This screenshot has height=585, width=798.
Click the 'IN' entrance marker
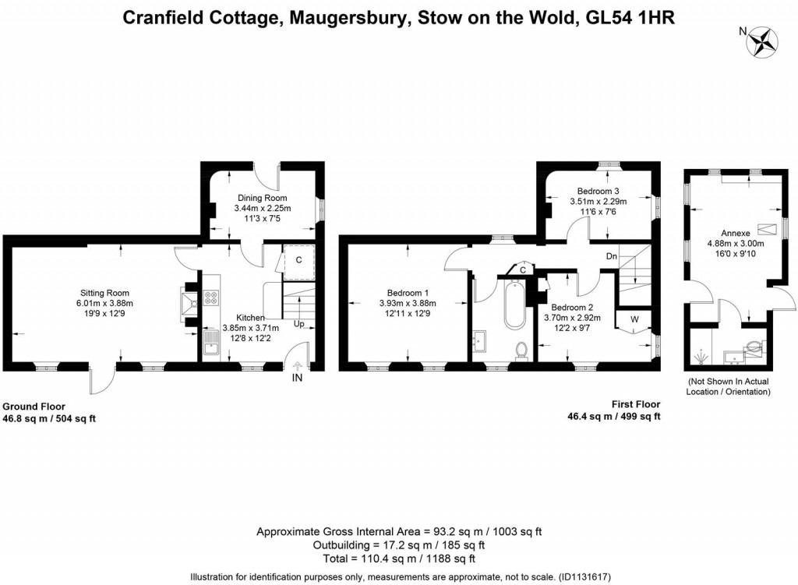point(297,379)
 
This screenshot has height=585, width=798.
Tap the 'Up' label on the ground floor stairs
point(298,322)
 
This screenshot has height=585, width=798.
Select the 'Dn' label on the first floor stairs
point(612,255)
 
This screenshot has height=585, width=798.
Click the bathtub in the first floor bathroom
point(514,305)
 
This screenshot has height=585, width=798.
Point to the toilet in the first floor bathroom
point(523,351)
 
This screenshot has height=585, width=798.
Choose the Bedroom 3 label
point(598,191)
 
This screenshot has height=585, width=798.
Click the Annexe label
point(735,232)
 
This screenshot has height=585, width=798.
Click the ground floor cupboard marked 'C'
point(298,260)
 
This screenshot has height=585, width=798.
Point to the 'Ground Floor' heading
point(34,406)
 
